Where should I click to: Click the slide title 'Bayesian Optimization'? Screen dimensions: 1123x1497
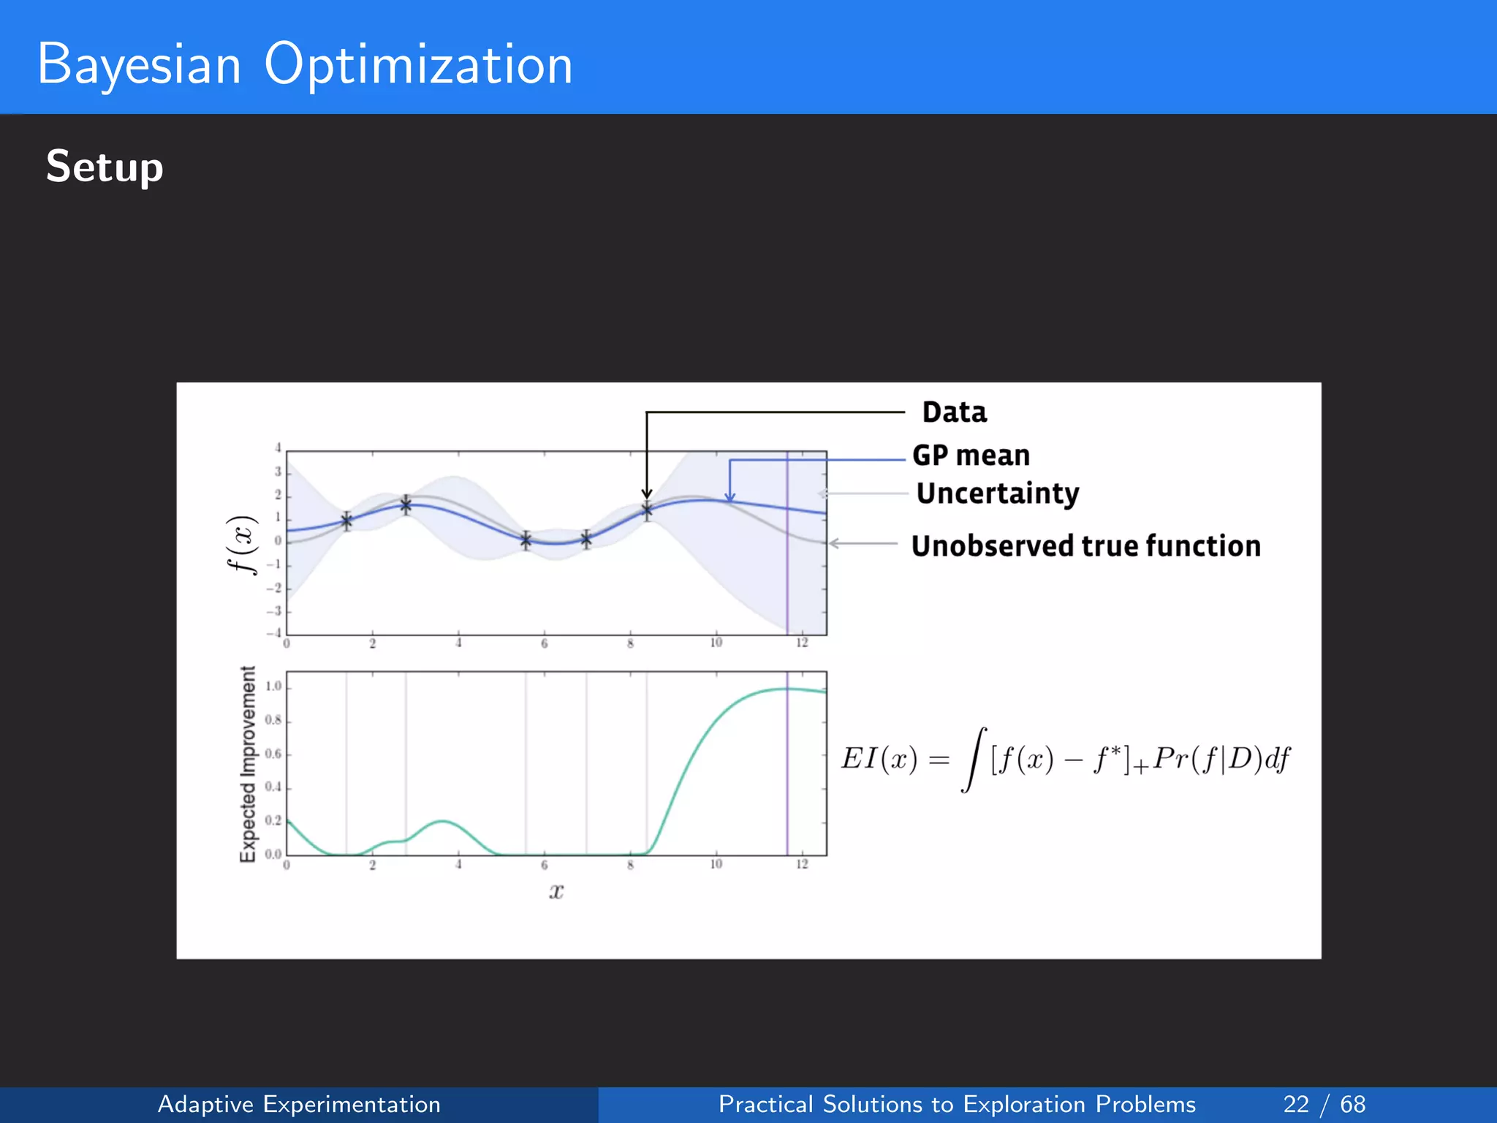pyautogui.click(x=304, y=64)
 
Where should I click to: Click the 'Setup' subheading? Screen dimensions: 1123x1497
pyautogui.click(x=105, y=167)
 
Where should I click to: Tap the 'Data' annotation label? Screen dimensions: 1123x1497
pyautogui.click(x=954, y=412)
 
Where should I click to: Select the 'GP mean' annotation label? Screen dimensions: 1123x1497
pyautogui.click(x=971, y=455)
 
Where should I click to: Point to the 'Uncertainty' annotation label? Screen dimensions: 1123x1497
pyautogui.click(x=997, y=494)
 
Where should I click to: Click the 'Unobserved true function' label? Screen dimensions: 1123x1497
pyautogui.click(x=1085, y=546)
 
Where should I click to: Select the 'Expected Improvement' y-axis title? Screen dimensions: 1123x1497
pyautogui.click(x=249, y=764)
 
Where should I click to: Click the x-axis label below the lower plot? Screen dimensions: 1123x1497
pyautogui.click(x=556, y=891)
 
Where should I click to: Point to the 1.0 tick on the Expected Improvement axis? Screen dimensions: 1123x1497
pyautogui.click(x=273, y=687)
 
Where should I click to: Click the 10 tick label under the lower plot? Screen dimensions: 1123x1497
pyautogui.click(x=716, y=864)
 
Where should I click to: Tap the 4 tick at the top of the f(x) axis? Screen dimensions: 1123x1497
pyautogui.click(x=278, y=448)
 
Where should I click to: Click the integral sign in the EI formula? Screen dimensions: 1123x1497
pyautogui.click(x=974, y=760)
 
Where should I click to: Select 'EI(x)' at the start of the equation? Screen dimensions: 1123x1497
pyautogui.click(x=879, y=759)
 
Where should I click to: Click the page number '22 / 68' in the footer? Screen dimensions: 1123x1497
pyautogui.click(x=1324, y=1104)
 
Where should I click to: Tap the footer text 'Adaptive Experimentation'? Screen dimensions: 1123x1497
pyautogui.click(x=299, y=1104)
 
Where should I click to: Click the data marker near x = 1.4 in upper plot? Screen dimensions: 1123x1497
pyautogui.click(x=346, y=521)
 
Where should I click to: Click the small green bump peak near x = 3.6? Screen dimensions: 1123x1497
pyautogui.click(x=442, y=822)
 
